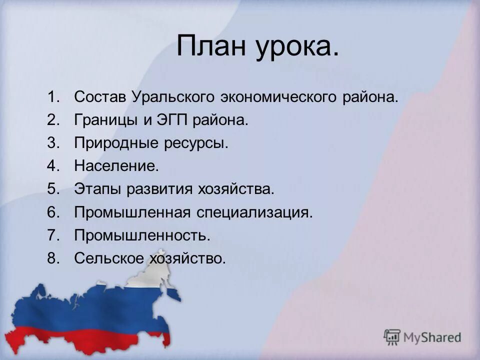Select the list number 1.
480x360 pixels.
(53, 97)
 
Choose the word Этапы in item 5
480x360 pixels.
(97, 189)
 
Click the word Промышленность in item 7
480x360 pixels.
(142, 235)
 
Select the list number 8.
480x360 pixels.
(53, 258)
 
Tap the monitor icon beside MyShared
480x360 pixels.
(392, 336)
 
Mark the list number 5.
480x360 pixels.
(53, 189)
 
